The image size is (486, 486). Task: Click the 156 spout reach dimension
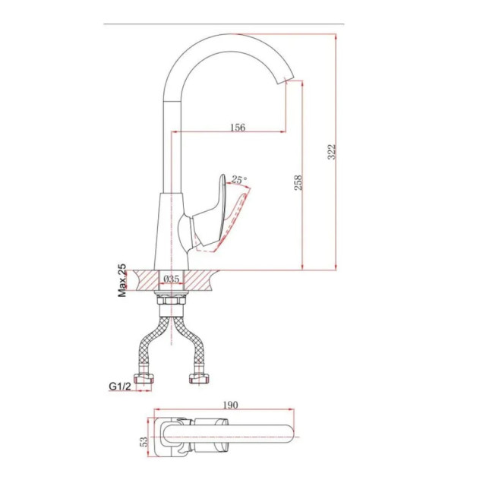coord(238,127)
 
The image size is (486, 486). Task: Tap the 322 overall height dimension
coord(332,152)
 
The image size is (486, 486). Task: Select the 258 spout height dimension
coord(298,182)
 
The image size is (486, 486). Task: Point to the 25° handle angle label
coord(239,179)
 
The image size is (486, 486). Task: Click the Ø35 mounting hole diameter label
coord(172,279)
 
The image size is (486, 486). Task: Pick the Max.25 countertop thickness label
coord(122,280)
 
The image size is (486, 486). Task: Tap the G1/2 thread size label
coord(120,387)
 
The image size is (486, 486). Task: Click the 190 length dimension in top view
coord(230,405)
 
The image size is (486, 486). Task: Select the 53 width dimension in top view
coord(144,441)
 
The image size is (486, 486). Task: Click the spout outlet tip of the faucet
coord(286,81)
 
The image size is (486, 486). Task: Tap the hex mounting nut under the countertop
coord(172,301)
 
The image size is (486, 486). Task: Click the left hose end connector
coord(144,378)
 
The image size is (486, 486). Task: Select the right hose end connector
coord(199,378)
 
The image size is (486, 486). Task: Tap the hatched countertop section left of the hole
coord(146,280)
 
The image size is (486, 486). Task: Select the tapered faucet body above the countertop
coord(172,231)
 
